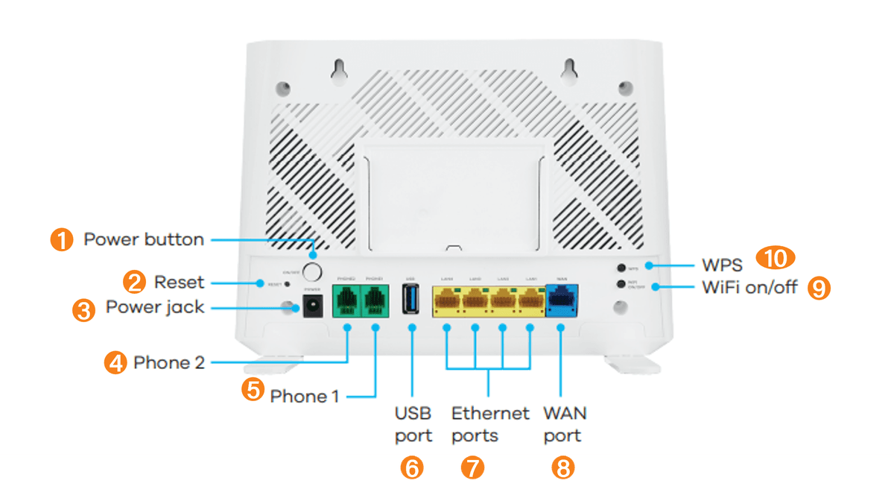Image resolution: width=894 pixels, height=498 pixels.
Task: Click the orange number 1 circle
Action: pos(62,240)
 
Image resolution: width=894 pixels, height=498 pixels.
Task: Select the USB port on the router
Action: pos(411,301)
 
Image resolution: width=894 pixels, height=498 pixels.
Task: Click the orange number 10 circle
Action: pos(776,259)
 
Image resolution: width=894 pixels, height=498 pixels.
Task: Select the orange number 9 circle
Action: pos(819,288)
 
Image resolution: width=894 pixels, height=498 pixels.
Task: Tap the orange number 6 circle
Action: pos(411,467)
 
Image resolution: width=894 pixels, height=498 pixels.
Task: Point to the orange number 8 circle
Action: pos(563,467)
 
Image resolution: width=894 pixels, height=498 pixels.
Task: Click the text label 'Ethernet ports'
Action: pos(489,423)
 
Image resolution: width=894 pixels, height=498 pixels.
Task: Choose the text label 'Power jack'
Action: pos(154,307)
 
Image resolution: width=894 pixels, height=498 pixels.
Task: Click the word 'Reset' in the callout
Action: pos(179,283)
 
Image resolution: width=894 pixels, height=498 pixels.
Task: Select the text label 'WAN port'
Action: pos(564,423)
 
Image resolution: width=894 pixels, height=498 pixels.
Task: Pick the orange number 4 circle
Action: pos(115,363)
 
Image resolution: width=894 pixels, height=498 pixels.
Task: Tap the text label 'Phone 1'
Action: pos(304,396)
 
